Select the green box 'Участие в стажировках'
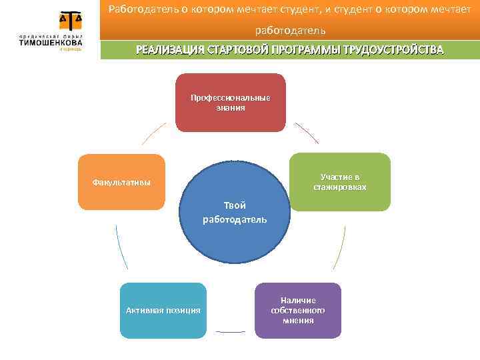(x=339, y=182)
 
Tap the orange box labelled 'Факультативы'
(x=121, y=182)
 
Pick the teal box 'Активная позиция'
(x=163, y=311)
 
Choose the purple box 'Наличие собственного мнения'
(x=298, y=311)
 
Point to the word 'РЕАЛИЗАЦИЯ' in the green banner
(x=169, y=50)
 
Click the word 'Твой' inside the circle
(x=235, y=205)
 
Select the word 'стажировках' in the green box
(x=340, y=187)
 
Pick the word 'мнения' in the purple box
(x=298, y=321)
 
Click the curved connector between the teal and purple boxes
(x=230, y=331)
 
